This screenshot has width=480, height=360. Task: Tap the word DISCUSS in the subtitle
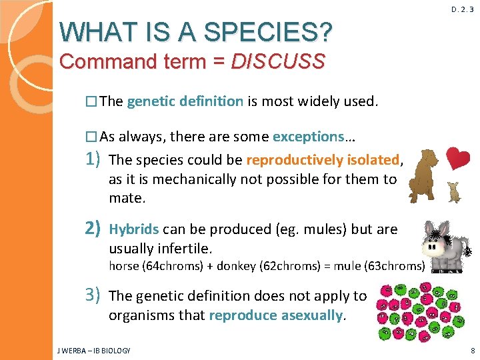pos(278,62)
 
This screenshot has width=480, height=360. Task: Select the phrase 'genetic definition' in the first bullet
pos(185,101)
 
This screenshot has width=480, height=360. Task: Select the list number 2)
pos(92,229)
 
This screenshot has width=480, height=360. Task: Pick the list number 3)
pos(92,295)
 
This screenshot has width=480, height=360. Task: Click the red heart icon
pos(457,158)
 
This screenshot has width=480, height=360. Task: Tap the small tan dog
pos(455,191)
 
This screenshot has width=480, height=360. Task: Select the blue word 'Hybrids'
pos(133,229)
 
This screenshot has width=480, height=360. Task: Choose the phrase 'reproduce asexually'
pos(277,315)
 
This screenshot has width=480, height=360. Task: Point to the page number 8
pos(472,351)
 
